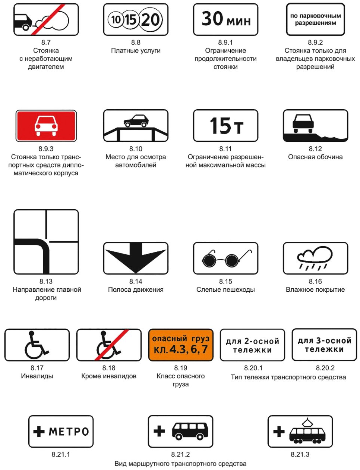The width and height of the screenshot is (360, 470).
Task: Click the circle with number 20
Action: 151,19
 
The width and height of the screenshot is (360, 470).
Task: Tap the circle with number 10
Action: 116,19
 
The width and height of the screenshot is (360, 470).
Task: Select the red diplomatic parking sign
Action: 46,126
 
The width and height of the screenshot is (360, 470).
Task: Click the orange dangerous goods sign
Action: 181,345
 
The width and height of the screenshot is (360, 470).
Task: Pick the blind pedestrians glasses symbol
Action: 226,258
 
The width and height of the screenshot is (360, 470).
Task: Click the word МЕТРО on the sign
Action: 69,432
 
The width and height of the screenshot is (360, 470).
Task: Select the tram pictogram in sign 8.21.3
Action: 307,433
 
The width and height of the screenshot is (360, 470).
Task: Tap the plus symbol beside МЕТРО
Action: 39,432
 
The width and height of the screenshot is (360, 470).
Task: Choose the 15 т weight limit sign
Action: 226,126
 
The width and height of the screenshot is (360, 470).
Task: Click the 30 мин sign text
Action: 226,19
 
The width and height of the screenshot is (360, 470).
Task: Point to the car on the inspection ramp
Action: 136,120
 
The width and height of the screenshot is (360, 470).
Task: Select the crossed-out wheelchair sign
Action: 109,345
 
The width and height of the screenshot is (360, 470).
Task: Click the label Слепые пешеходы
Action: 226,289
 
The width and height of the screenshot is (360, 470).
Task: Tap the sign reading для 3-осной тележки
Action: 324,345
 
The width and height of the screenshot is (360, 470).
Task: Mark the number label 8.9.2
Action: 315,43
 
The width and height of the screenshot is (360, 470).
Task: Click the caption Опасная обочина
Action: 315,157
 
